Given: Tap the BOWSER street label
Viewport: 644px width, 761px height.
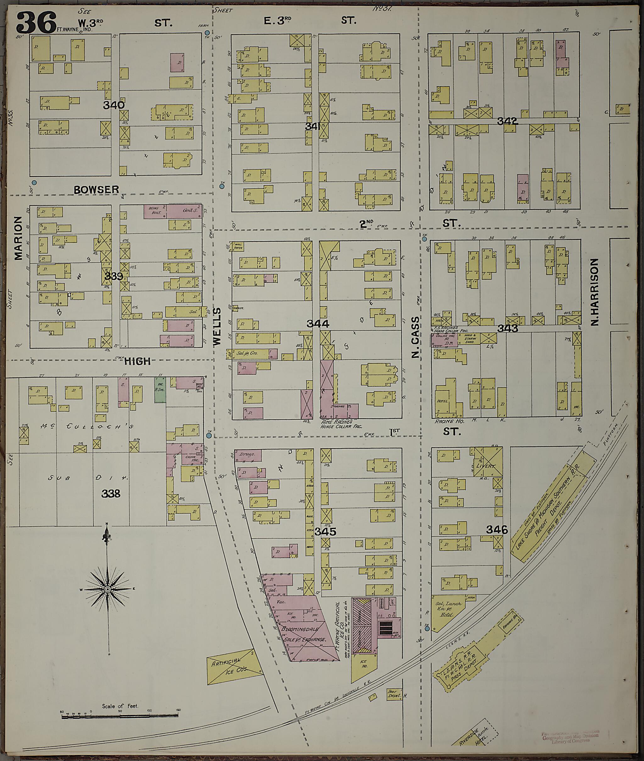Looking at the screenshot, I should point(97,189).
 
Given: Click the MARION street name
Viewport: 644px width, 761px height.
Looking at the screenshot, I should point(18,238).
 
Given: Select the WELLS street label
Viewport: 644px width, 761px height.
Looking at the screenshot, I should point(217,326).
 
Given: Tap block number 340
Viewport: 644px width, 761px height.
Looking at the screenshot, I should point(114,105).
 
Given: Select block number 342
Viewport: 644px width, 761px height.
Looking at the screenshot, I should point(508,121).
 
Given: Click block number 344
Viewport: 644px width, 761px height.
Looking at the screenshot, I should point(318,323).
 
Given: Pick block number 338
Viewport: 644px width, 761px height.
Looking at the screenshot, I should point(111,494).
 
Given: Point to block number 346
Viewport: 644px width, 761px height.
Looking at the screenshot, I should point(497,529).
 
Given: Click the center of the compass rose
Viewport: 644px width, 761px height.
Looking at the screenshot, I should point(107,589).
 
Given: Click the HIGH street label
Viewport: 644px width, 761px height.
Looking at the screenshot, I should point(137,361).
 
